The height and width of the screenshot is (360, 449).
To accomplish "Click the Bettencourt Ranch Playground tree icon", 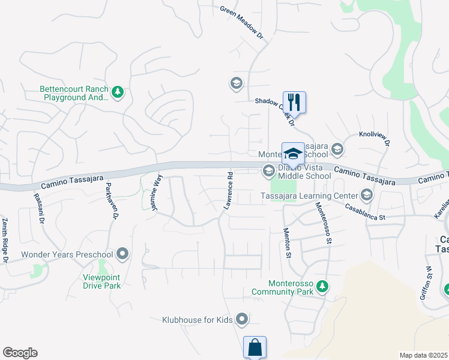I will click(118, 92).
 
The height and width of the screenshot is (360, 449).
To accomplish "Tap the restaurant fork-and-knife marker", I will click(294, 101).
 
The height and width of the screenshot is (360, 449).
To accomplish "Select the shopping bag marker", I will click(255, 347).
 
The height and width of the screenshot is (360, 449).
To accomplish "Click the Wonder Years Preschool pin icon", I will click(123, 254).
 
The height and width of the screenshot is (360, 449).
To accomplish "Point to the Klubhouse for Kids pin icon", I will click(242, 319).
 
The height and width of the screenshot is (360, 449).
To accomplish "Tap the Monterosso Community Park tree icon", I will click(323, 287).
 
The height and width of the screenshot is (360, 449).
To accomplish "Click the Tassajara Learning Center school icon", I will click(366, 194).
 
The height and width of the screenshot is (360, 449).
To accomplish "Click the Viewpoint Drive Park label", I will click(102, 281).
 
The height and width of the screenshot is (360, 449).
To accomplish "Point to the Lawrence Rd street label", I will click(228, 190).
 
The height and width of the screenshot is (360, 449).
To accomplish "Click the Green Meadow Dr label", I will click(242, 23).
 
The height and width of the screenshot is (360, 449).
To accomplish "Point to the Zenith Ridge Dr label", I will click(5, 240).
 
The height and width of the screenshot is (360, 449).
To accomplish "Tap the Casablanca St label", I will click(365, 211).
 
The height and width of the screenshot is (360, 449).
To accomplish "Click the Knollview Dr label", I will click(375, 138).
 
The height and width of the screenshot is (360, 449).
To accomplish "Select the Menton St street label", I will click(288, 246).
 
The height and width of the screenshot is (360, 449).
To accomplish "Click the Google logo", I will click(20, 353).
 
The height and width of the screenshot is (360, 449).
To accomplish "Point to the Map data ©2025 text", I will click(423, 355).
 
